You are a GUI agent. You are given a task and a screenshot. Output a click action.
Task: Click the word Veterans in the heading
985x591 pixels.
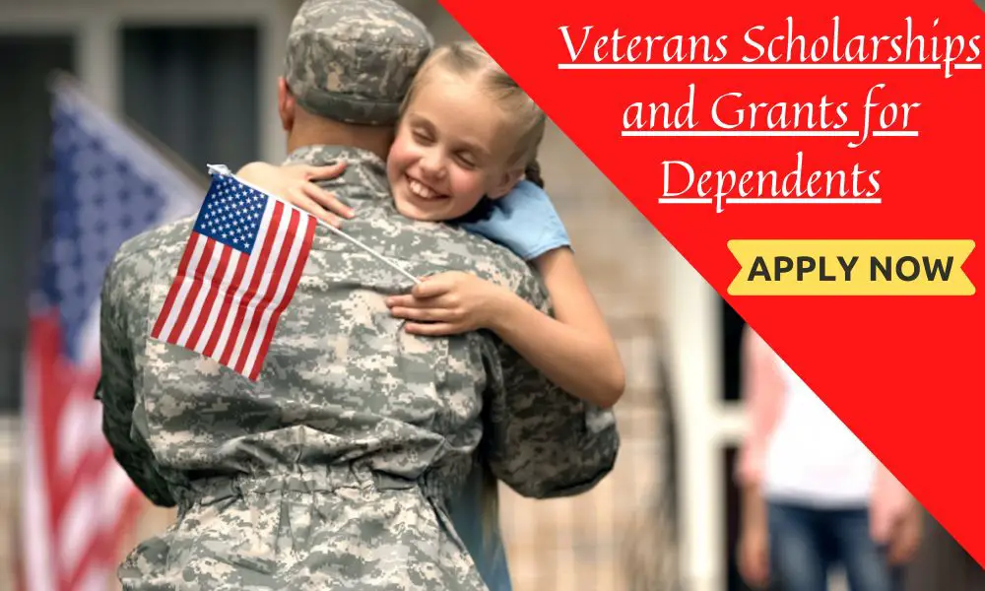(x=644, y=45)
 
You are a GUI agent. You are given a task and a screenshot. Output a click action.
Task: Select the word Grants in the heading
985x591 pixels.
(x=780, y=112)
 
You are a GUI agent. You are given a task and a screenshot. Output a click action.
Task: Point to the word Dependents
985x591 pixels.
(x=770, y=179)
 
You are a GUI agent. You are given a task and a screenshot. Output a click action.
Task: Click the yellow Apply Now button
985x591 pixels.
(x=851, y=268)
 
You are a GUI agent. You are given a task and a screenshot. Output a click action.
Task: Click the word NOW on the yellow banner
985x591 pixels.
(x=911, y=269)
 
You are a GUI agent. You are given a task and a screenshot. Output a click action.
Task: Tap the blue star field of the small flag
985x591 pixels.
(x=230, y=214)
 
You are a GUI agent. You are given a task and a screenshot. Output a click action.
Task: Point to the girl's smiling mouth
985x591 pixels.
(x=426, y=188)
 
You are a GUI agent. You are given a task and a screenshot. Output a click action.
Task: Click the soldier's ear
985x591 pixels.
(x=287, y=102)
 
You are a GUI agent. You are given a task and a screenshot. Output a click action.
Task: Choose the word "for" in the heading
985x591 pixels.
(x=890, y=114)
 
